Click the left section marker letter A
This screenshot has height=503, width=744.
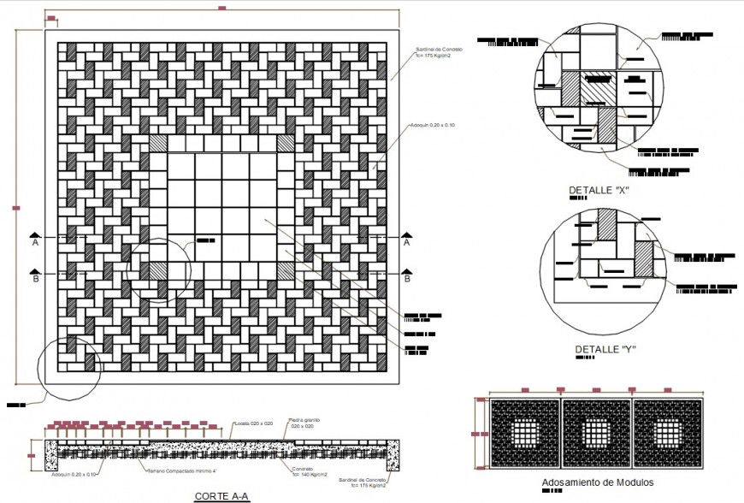tap(35, 243)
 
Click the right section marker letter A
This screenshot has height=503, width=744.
tap(407, 243)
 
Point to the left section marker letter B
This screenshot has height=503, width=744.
tap(35, 279)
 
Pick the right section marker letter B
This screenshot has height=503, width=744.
tap(407, 279)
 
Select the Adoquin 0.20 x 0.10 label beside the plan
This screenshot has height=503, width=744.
tap(433, 126)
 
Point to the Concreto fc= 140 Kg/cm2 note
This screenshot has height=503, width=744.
tap(302, 472)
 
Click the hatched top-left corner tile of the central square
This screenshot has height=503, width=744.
tap(158, 144)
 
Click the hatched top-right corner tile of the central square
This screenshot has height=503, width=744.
tap(286, 144)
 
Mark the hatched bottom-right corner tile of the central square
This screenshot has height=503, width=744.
tap(286, 271)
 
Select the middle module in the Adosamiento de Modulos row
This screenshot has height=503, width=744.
tap(596, 433)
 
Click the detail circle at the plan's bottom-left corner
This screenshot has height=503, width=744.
tap(69, 369)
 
